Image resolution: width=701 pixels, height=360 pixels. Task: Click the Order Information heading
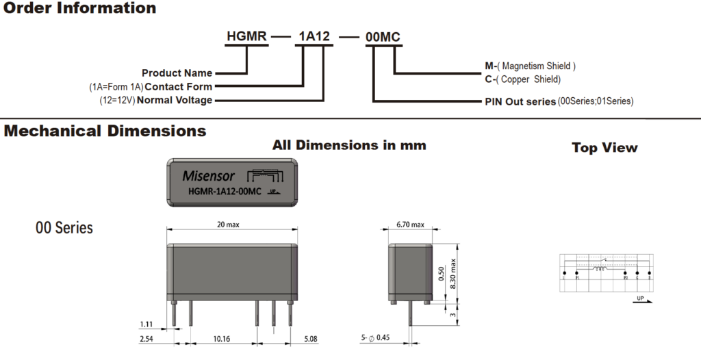(79, 9)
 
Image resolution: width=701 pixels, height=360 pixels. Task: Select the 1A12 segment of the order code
(314, 36)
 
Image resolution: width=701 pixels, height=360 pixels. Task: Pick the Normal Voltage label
(175, 101)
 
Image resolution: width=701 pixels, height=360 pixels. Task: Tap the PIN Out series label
(520, 101)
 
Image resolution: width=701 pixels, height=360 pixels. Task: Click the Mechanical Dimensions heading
(105, 131)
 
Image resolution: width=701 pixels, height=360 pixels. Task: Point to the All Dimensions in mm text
(349, 145)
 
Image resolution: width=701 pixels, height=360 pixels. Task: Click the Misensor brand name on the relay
(208, 175)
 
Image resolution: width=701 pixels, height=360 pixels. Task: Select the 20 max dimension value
(228, 224)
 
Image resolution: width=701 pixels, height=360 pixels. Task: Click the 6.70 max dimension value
(410, 224)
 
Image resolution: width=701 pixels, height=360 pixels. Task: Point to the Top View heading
(604, 148)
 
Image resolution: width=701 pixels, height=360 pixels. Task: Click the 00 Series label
(64, 227)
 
